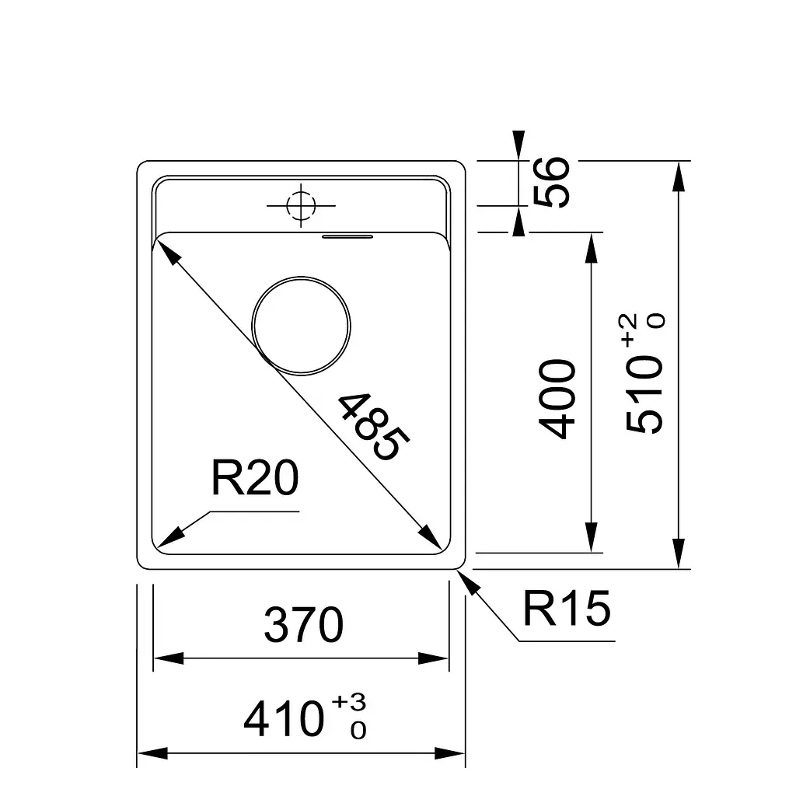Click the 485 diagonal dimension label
(373, 427)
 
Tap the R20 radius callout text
(255, 478)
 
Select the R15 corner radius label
(567, 608)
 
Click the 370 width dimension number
(304, 624)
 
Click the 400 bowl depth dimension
(557, 399)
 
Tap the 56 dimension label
(551, 182)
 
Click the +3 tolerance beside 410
(349, 703)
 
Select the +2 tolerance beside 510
(627, 330)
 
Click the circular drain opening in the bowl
(301, 326)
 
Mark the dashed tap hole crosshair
(301, 205)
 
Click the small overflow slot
(347, 236)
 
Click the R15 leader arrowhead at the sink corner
(468, 581)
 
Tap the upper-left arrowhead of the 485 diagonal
(169, 253)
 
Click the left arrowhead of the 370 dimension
(169, 659)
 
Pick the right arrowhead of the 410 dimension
(450, 753)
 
